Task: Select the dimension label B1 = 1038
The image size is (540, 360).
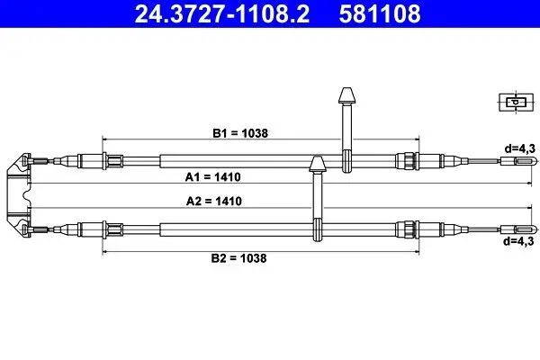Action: pos(239,133)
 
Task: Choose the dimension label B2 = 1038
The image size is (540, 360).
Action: pos(239,256)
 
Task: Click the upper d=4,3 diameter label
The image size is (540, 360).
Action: pos(519,148)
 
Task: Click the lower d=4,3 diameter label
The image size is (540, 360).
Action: pos(519,241)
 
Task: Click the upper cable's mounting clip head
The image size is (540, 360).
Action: pos(346,96)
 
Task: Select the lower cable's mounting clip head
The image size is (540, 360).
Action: pos(316,164)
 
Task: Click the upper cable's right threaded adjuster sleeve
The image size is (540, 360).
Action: pos(408,162)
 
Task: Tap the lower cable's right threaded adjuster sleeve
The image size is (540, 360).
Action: pos(408,227)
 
